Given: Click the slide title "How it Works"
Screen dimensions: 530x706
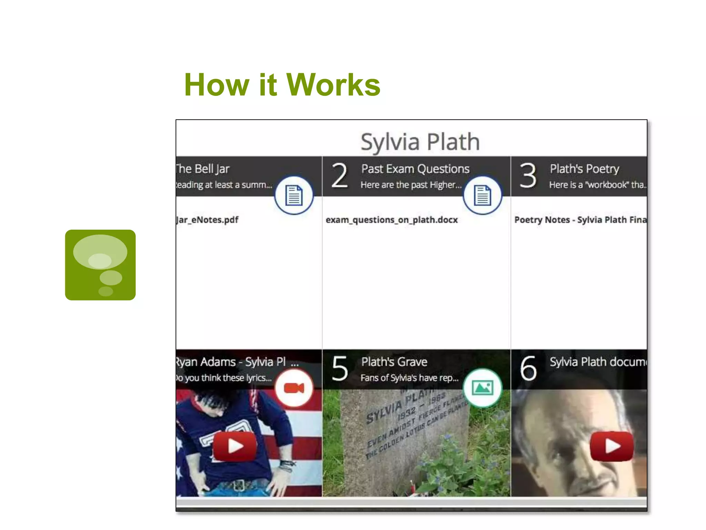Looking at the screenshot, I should pos(282,85).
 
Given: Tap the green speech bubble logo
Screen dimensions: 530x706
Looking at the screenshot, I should pos(100,265).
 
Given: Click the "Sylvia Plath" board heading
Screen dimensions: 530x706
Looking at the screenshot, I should pos(420,142).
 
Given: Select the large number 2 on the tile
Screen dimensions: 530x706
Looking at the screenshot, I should pos(340,176).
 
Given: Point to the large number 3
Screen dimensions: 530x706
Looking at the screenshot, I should pos(528,176).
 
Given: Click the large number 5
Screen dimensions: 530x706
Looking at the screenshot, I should pos(340,369).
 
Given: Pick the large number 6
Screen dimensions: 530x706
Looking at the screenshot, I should pos(528,369).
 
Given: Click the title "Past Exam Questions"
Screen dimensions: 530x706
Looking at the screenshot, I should pos(415,169).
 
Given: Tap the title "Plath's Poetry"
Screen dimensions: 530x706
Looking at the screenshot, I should pos(584,169).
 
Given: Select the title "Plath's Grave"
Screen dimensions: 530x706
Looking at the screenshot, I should pos(394,362).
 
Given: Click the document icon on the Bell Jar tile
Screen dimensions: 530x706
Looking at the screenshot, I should pos(294,195).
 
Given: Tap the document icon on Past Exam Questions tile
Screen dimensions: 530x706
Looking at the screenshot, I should pos(482,195).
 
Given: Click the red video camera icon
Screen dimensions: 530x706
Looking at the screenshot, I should pos(294,388).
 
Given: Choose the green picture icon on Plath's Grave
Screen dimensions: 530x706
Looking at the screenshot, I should pos(482,388).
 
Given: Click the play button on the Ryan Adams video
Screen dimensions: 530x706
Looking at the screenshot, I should pos(235,446).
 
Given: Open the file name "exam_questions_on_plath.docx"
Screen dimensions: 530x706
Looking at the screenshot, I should pos(392,220).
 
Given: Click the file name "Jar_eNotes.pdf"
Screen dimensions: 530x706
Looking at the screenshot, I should pos(207,220).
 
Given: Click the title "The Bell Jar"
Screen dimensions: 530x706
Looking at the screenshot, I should pos(203,169).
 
